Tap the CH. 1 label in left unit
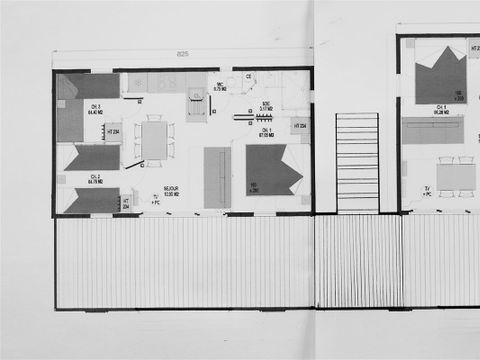tap(268, 131)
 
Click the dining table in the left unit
tap(154, 140)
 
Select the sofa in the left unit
tap(217, 177)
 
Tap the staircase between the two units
tap(357, 161)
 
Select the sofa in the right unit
tap(433, 130)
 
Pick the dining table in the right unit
tap(456, 177)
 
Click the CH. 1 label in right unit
tap(441, 110)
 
